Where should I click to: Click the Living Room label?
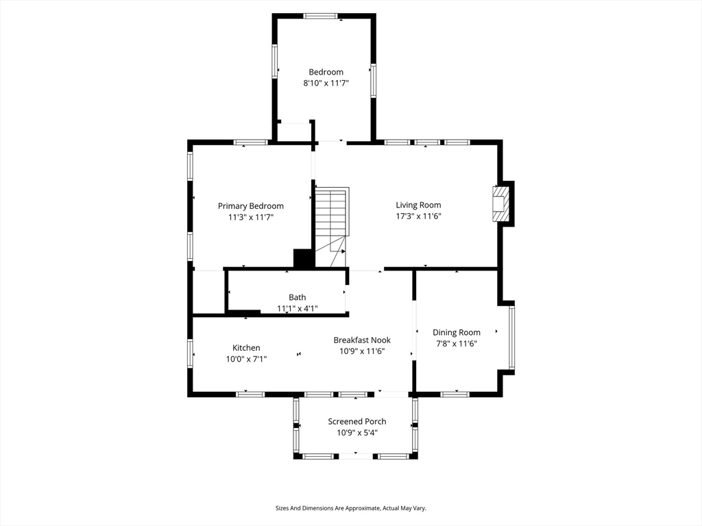(418, 205)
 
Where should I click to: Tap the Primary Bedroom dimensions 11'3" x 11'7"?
(251, 217)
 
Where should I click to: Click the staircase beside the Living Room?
(332, 227)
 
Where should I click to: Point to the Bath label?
(298, 297)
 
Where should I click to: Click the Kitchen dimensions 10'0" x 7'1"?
(246, 359)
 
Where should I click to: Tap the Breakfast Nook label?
(362, 340)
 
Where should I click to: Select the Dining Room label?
(456, 332)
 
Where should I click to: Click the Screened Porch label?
(356, 421)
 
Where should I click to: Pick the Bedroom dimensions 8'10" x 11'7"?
(326, 83)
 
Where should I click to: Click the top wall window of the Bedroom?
(321, 16)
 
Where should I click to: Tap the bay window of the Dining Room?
(511, 337)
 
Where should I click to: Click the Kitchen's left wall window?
(191, 353)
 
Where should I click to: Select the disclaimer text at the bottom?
(351, 508)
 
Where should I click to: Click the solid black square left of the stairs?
(304, 258)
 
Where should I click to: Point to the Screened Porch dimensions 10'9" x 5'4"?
(357, 433)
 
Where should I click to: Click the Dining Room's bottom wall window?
(455, 394)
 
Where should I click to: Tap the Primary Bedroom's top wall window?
(251, 142)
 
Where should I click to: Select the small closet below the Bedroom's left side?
(293, 131)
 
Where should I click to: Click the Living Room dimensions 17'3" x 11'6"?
(419, 216)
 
